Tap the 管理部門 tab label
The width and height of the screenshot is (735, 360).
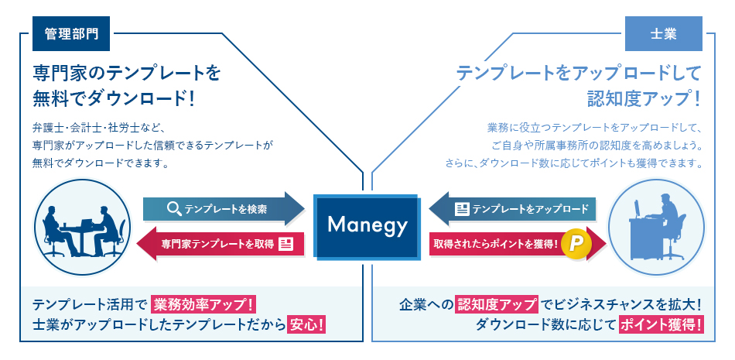tap(70, 34)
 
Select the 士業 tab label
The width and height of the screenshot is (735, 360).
tap(663, 34)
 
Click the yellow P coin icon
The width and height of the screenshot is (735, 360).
tap(576, 244)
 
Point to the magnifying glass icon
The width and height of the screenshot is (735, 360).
tap(174, 208)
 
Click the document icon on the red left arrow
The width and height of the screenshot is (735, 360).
tap(285, 244)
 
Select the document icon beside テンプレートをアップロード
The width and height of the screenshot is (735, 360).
tap(462, 208)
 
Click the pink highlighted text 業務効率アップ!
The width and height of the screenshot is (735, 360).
tap(204, 303)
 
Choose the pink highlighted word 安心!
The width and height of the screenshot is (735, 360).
tap(306, 324)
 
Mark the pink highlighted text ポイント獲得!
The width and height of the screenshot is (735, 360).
tap(661, 324)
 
